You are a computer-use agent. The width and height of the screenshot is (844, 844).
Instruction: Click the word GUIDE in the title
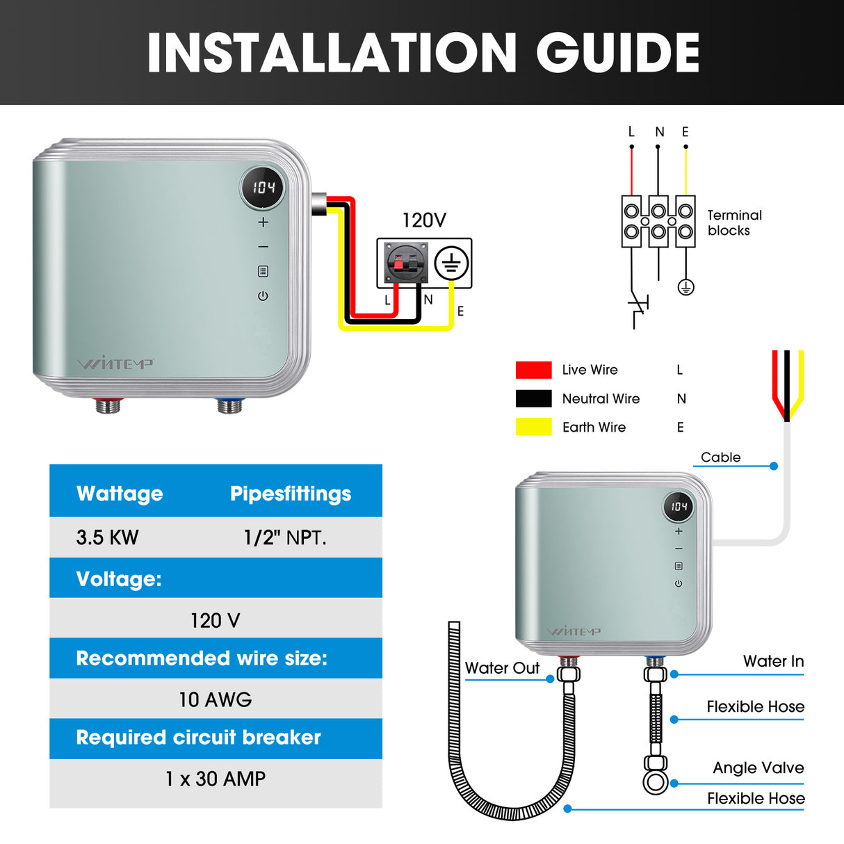click(x=617, y=53)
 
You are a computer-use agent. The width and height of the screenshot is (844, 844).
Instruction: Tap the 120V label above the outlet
click(x=424, y=220)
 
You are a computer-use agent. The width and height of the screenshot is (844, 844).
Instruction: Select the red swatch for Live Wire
click(x=533, y=370)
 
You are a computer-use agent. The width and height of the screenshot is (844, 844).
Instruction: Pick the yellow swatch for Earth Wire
click(x=533, y=427)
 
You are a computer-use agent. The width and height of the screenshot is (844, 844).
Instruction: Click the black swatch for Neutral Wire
click(x=533, y=398)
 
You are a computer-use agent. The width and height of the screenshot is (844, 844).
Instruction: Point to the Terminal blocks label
click(x=734, y=223)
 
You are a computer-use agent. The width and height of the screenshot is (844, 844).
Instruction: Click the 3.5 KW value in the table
click(x=108, y=537)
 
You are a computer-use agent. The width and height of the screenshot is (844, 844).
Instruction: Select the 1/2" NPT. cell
click(x=285, y=537)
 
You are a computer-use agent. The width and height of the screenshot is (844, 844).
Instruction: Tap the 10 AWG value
click(x=216, y=699)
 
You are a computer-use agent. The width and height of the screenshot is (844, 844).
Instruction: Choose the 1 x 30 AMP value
click(x=216, y=779)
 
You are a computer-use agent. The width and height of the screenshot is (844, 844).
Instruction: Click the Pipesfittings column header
click(x=291, y=494)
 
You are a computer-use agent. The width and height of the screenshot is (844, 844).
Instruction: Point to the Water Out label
click(x=502, y=668)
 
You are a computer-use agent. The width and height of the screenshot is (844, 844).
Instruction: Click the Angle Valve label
click(x=758, y=768)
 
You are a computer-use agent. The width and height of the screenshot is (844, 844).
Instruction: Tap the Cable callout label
click(x=720, y=457)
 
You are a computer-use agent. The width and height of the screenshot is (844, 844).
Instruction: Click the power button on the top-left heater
click(x=263, y=296)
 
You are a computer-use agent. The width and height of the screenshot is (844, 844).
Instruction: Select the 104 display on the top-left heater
click(x=263, y=187)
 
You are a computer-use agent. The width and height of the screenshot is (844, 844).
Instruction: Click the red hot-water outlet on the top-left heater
click(x=108, y=405)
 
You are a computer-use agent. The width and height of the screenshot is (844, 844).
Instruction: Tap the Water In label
click(x=773, y=661)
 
